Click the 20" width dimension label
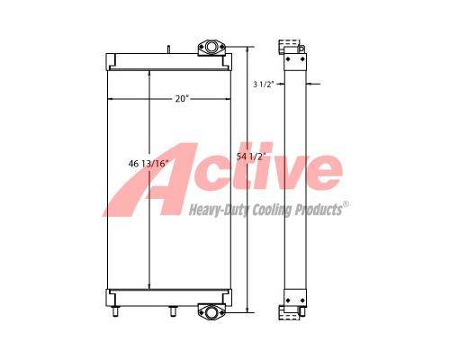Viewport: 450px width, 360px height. click(182, 98)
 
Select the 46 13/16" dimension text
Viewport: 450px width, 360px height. click(148, 164)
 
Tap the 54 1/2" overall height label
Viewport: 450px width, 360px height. click(251, 157)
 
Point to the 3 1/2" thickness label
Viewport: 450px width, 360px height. click(264, 84)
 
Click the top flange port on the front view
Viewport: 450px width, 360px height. click(211, 47)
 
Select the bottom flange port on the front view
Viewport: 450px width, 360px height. click(211, 311)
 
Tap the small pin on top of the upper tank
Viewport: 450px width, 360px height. click(168, 49)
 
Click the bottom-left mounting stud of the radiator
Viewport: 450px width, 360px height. click(115, 311)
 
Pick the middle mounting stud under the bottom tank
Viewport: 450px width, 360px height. click(173, 311)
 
